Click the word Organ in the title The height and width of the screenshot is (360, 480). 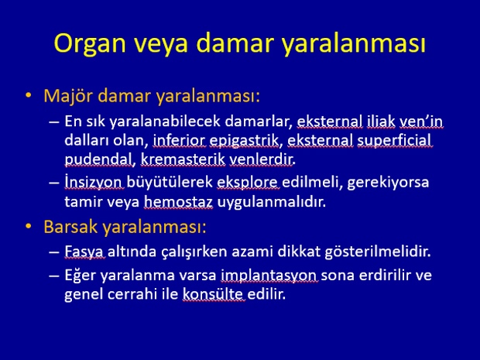(90, 44)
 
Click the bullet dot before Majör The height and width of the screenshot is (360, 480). (29, 96)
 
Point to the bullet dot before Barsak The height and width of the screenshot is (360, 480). (29, 227)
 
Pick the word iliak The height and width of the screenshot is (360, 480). (381, 122)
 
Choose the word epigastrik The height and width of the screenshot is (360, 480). (244, 141)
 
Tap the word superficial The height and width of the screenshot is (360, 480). (394, 141)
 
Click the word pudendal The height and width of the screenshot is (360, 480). (98, 159)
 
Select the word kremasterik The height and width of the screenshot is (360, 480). (183, 159)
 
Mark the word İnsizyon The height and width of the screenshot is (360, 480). (94, 182)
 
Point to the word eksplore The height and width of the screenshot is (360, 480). (247, 183)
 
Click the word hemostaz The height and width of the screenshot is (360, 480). (178, 202)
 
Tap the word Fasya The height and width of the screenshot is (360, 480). (84, 252)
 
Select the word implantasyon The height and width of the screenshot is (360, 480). (269, 276)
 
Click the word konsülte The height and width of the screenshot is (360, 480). (213, 294)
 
